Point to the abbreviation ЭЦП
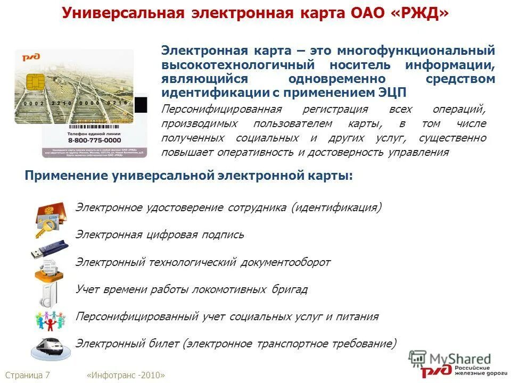coord(391,93)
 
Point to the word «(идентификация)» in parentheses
coord(336,207)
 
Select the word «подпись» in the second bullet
coord(222,235)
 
